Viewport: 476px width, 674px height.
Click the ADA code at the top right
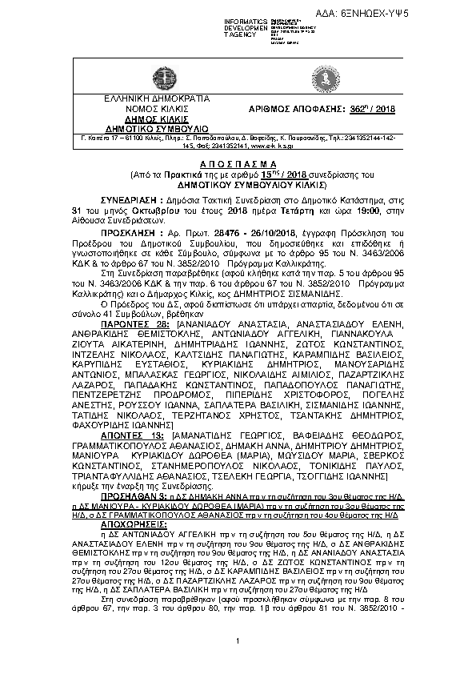tap(430, 14)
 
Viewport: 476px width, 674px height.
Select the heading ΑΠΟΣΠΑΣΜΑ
tap(238, 160)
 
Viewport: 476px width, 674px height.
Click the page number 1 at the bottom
tap(238, 642)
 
